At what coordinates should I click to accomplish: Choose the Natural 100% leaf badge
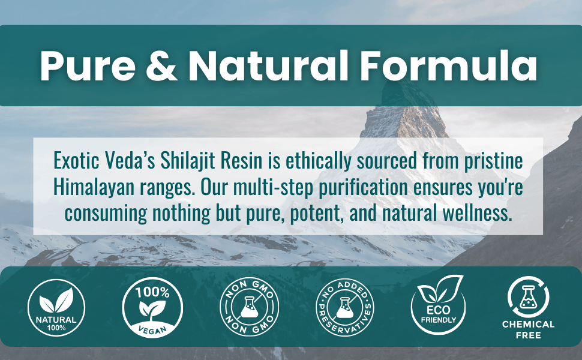coord(57,308)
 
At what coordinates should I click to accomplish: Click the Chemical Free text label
coord(528,329)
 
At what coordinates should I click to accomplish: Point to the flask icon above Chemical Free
coord(528,296)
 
